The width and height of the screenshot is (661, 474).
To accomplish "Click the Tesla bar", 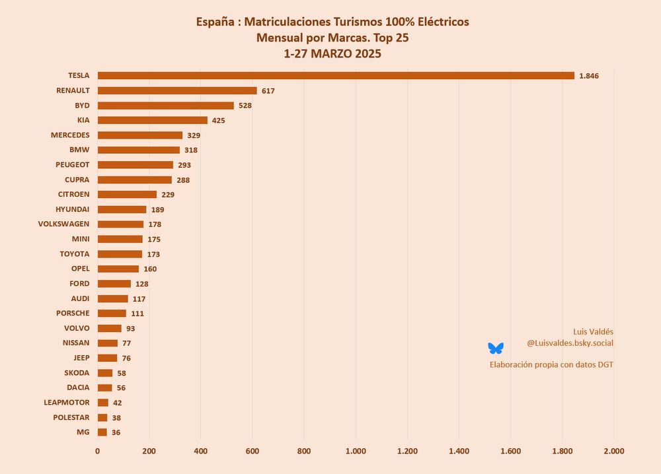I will click(x=336, y=75).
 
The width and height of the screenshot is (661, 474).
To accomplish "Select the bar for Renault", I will click(x=177, y=90).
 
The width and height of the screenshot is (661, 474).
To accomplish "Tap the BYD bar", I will click(x=166, y=106).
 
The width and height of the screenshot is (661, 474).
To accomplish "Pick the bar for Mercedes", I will click(x=140, y=135).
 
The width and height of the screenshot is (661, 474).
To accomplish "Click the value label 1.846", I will click(x=588, y=76).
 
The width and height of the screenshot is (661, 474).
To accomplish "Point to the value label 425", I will click(x=219, y=120).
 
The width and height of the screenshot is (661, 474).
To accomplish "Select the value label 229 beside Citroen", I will click(x=168, y=195).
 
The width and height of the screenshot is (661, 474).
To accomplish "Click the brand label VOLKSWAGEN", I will click(x=64, y=224).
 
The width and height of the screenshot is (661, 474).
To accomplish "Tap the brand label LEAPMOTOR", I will click(x=67, y=402).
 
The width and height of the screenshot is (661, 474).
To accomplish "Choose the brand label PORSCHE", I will click(x=73, y=313).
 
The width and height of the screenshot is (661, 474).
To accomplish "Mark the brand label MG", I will click(x=83, y=432).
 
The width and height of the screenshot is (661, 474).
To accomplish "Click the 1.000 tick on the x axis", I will click(x=356, y=451).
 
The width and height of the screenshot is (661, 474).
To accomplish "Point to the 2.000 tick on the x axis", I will click(x=614, y=451).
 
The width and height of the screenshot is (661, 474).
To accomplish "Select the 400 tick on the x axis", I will click(x=201, y=451).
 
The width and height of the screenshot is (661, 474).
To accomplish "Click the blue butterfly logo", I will click(x=496, y=348).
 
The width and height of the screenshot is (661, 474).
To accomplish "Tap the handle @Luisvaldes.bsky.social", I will click(x=570, y=343).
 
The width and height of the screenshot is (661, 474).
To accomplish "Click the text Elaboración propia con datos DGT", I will click(x=551, y=364).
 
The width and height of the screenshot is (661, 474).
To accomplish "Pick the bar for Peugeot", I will click(x=136, y=165).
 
